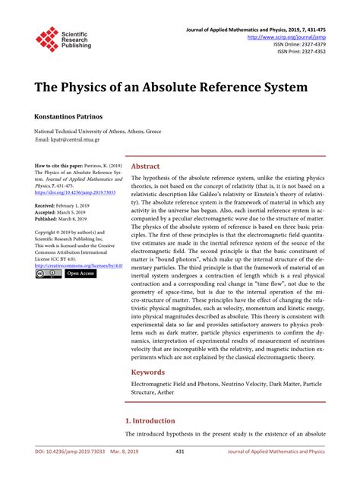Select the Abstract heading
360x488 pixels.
pyautogui.click(x=145, y=166)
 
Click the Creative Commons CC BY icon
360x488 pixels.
pyautogui.click(x=47, y=273)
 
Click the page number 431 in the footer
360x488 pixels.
pyautogui.click(x=180, y=473)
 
